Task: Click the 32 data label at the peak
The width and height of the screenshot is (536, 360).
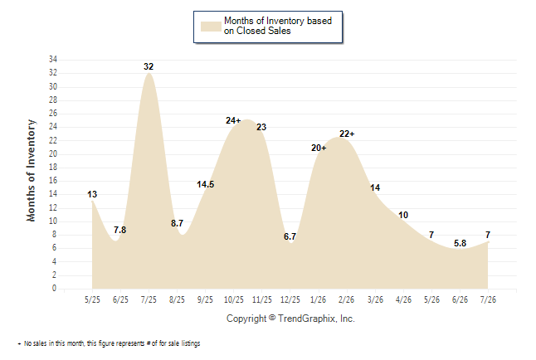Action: [x=149, y=66]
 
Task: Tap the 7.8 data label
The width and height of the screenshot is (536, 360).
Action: [x=120, y=230]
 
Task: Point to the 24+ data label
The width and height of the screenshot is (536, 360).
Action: [x=233, y=120]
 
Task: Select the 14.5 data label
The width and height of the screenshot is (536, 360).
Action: [x=206, y=185]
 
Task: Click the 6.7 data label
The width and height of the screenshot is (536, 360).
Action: [x=290, y=236]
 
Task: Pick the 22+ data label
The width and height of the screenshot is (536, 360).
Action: [x=347, y=134]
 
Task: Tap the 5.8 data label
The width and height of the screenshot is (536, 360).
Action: [x=460, y=243]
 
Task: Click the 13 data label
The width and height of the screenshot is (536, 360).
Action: [x=92, y=195]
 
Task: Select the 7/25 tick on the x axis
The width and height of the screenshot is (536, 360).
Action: [x=149, y=299]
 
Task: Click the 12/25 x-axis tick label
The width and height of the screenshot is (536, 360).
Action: [x=290, y=299]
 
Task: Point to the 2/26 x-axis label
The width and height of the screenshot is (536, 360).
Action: [x=346, y=299]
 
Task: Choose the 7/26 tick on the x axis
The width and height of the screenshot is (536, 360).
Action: [x=488, y=299]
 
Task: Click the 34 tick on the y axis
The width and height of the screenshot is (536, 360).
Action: [x=53, y=60]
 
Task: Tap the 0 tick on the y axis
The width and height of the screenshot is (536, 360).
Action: [x=55, y=289]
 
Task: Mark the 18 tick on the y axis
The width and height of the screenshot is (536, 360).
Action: [x=53, y=168]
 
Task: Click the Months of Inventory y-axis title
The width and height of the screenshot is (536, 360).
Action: [x=31, y=171]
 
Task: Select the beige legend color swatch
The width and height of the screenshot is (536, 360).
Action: [x=211, y=27]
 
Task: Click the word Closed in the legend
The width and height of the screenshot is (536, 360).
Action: [x=251, y=32]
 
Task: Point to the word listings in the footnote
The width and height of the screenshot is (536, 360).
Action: [x=191, y=343]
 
